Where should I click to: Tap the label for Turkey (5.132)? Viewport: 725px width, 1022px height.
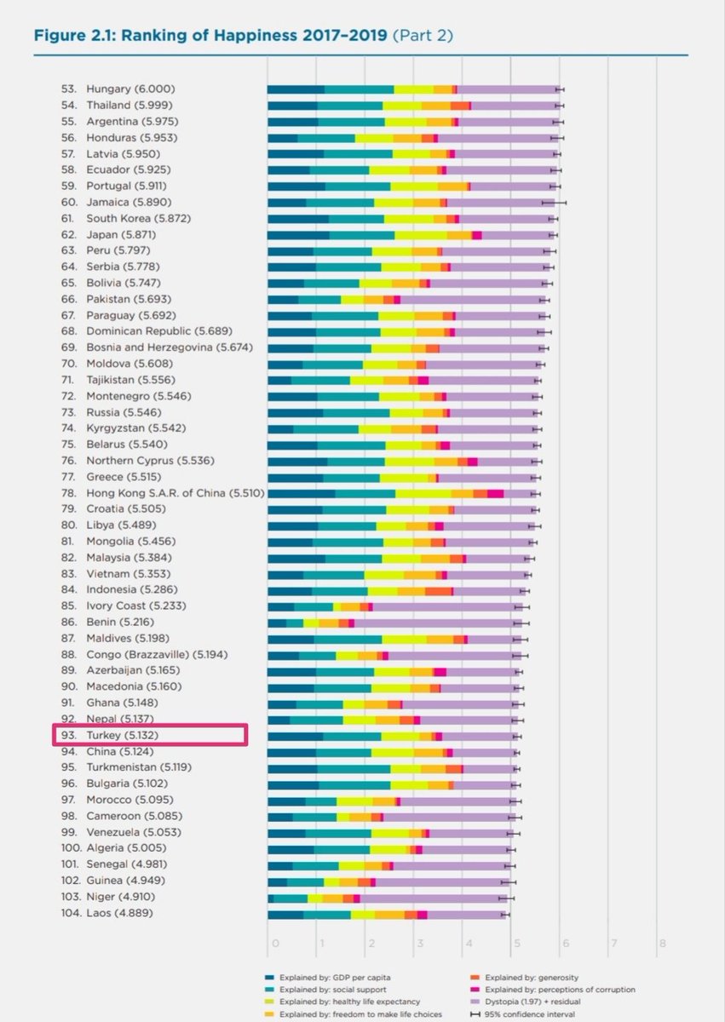point(124,735)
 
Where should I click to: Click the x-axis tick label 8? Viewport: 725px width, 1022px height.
point(661,944)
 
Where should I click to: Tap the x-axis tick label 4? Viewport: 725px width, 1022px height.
point(468,944)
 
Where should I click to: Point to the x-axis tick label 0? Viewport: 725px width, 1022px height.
point(274,944)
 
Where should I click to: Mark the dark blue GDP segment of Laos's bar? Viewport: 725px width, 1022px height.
point(285,913)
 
